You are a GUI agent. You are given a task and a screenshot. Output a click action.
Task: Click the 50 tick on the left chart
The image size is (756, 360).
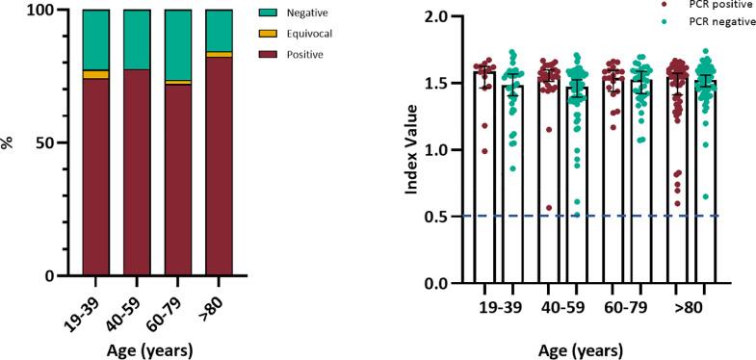pyautogui.click(x=57, y=142)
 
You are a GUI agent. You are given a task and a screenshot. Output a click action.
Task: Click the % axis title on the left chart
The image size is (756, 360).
pyautogui.click(x=9, y=142)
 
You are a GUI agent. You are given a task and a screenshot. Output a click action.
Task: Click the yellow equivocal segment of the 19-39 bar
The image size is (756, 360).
pyautogui.click(x=95, y=74)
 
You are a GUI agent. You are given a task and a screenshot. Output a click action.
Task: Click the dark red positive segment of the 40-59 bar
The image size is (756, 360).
pyautogui.click(x=137, y=173)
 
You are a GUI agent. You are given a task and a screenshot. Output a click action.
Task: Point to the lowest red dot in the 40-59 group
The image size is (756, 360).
pyautogui.click(x=548, y=207)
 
